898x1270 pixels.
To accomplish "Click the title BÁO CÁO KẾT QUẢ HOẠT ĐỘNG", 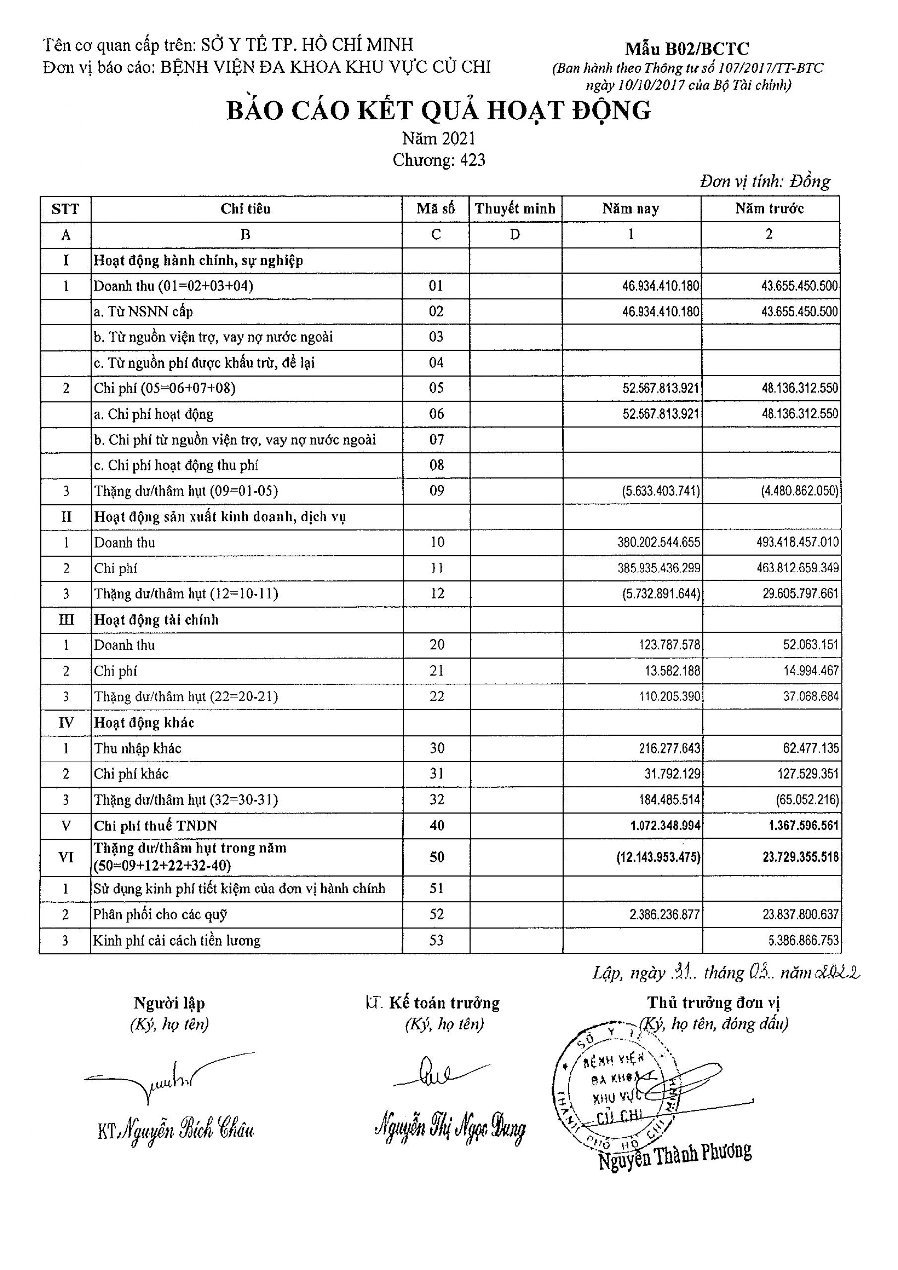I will pyautogui.click(x=438, y=111).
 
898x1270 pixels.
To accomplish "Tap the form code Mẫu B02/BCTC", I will pyautogui.click(x=687, y=49).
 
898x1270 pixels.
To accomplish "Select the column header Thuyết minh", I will pyautogui.click(x=514, y=209).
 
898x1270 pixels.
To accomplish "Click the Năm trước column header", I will pyautogui.click(x=769, y=209).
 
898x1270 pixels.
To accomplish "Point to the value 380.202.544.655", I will pyautogui.click(x=658, y=543).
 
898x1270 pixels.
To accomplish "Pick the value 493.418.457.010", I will pyautogui.click(x=797, y=543).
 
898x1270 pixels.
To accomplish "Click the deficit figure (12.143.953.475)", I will pyautogui.click(x=658, y=857).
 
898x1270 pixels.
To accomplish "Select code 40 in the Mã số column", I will pyautogui.click(x=437, y=826).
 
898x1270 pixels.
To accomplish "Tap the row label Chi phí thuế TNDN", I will pyautogui.click(x=155, y=826).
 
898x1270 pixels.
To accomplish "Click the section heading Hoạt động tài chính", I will pyautogui.click(x=157, y=620).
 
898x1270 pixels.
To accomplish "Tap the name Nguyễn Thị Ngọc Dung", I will pyautogui.click(x=450, y=1129).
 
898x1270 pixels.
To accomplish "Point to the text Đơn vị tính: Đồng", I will pyautogui.click(x=764, y=182).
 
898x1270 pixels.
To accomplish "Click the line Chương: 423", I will pyautogui.click(x=439, y=160).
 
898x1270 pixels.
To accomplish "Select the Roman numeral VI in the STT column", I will pyautogui.click(x=66, y=857).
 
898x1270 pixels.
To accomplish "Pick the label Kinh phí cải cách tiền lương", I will pyautogui.click(x=177, y=940).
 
